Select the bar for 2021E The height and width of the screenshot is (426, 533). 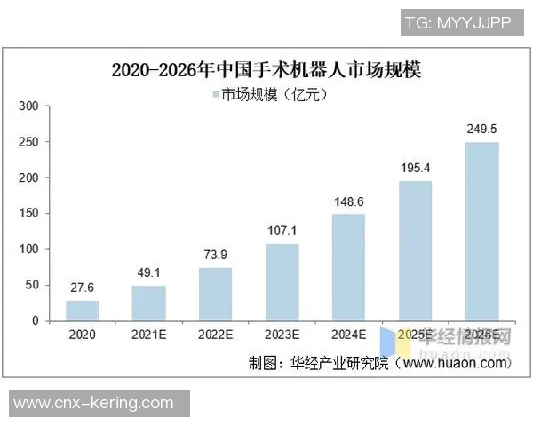[x=149, y=303]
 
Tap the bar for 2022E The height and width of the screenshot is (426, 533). [x=215, y=294]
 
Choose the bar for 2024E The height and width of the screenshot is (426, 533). [x=348, y=267]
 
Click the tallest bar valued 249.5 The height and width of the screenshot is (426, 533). [x=481, y=231]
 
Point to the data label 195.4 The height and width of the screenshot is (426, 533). [x=415, y=167]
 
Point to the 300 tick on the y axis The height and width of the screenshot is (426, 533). [x=28, y=106]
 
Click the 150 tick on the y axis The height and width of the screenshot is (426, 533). [x=28, y=214]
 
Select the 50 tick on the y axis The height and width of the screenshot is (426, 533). [x=32, y=285]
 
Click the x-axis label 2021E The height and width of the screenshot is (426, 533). [x=149, y=335]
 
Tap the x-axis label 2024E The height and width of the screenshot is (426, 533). [x=348, y=335]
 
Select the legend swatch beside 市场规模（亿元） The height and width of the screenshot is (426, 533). [x=215, y=94]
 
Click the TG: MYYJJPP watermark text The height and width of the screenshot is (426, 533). [x=457, y=24]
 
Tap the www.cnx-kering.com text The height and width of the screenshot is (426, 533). [x=94, y=403]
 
